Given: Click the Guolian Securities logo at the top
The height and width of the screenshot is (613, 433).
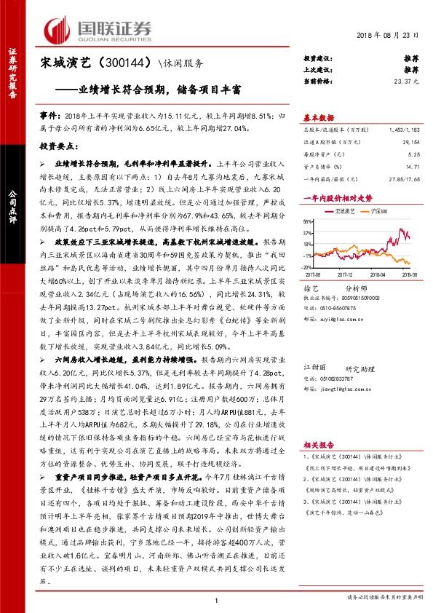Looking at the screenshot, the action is (98, 29).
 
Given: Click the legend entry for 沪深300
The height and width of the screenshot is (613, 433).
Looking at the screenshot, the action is (377, 210).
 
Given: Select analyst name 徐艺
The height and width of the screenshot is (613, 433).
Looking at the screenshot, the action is (311, 287).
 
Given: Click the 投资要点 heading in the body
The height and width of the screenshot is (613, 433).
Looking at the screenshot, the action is (63, 146).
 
